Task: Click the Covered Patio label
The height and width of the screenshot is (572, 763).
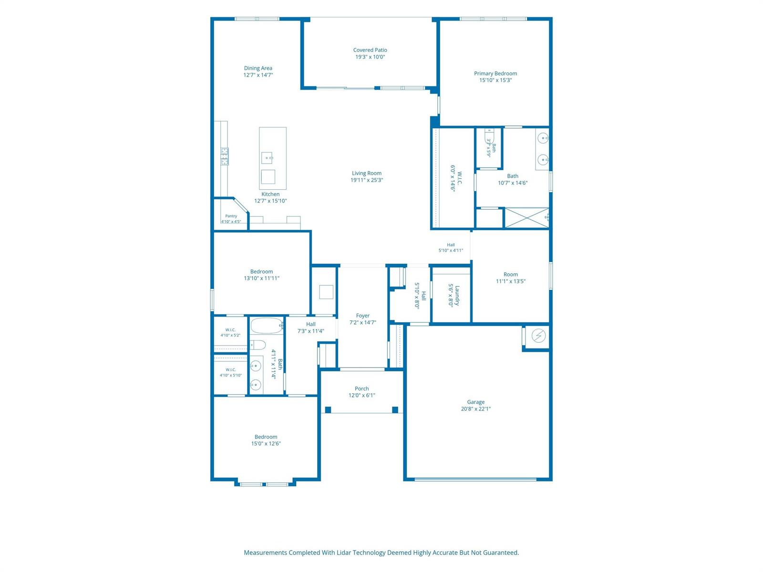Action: [370, 50]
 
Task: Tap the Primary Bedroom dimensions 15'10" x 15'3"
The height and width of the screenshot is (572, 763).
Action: [495, 80]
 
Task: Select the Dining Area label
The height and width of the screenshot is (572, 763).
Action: [258, 68]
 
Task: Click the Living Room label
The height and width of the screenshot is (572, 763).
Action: [366, 173]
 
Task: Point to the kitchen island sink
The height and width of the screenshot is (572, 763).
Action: [268, 158]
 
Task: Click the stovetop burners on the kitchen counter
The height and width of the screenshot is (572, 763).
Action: [225, 156]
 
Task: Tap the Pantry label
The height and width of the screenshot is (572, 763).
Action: [231, 216]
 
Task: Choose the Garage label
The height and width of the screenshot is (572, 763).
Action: [475, 402]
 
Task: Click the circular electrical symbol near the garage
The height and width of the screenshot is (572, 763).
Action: [538, 336]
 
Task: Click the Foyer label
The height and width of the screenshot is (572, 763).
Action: [362, 316]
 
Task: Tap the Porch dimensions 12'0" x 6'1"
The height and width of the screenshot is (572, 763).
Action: [362, 395]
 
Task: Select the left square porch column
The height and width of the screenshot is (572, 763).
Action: [328, 410]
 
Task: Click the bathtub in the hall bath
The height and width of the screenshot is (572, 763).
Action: [267, 326]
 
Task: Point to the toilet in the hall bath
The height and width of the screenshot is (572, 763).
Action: [258, 345]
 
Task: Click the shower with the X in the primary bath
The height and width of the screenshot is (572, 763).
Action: [526, 218]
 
